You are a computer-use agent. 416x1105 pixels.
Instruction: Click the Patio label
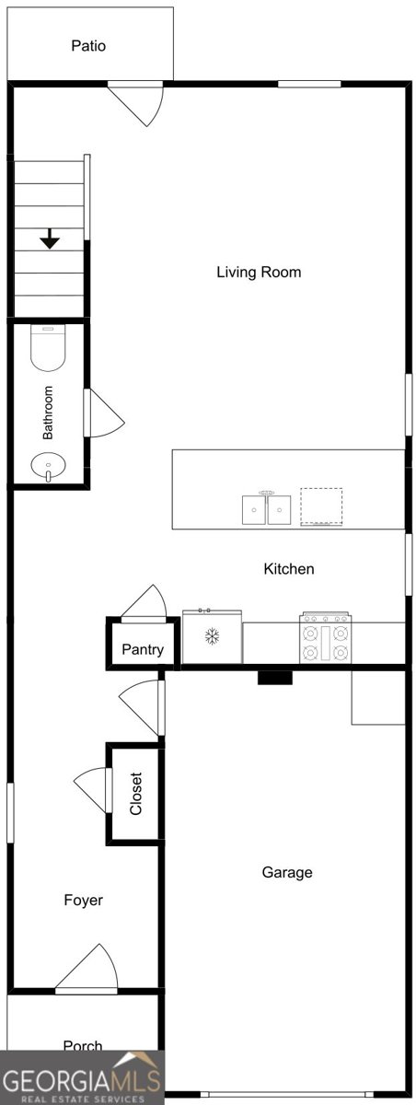pyautogui.click(x=88, y=46)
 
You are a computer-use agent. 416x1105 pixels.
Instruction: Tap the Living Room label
pyautogui.click(x=259, y=272)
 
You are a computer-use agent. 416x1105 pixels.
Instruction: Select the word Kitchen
pyautogui.click(x=289, y=569)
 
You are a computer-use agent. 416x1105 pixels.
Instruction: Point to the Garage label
pyautogui.click(x=287, y=873)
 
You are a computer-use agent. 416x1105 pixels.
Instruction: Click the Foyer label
pyautogui.click(x=84, y=901)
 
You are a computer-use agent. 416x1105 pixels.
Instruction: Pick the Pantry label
pyautogui.click(x=143, y=649)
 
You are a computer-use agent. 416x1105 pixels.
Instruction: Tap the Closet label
pyautogui.click(x=135, y=793)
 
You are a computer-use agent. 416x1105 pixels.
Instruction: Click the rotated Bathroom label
pyautogui.click(x=47, y=413)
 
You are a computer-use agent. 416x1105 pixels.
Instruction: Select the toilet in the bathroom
pyautogui.click(x=48, y=348)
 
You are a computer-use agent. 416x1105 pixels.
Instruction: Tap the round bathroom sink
pyautogui.click(x=48, y=466)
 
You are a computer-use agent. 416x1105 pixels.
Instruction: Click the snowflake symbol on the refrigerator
pyautogui.click(x=212, y=636)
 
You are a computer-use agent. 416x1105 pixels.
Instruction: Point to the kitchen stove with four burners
pyautogui.click(x=325, y=637)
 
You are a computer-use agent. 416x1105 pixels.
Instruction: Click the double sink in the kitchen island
pyautogui.click(x=267, y=508)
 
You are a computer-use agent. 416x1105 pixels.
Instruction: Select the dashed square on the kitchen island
pyautogui.click(x=322, y=506)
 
